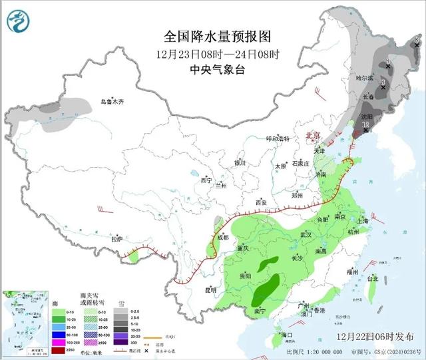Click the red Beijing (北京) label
(x=312, y=136)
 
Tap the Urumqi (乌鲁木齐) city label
(x=112, y=102)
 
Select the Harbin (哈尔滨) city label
(x=383, y=79)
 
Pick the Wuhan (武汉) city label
(x=306, y=235)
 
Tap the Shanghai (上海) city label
(x=363, y=220)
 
